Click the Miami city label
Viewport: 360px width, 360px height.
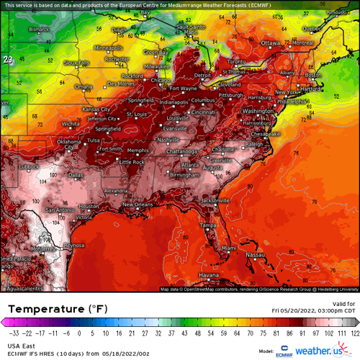point(228,248)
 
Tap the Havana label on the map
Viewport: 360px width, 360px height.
point(209,275)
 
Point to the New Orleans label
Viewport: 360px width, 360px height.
point(138,204)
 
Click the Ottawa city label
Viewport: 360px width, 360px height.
point(270,43)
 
